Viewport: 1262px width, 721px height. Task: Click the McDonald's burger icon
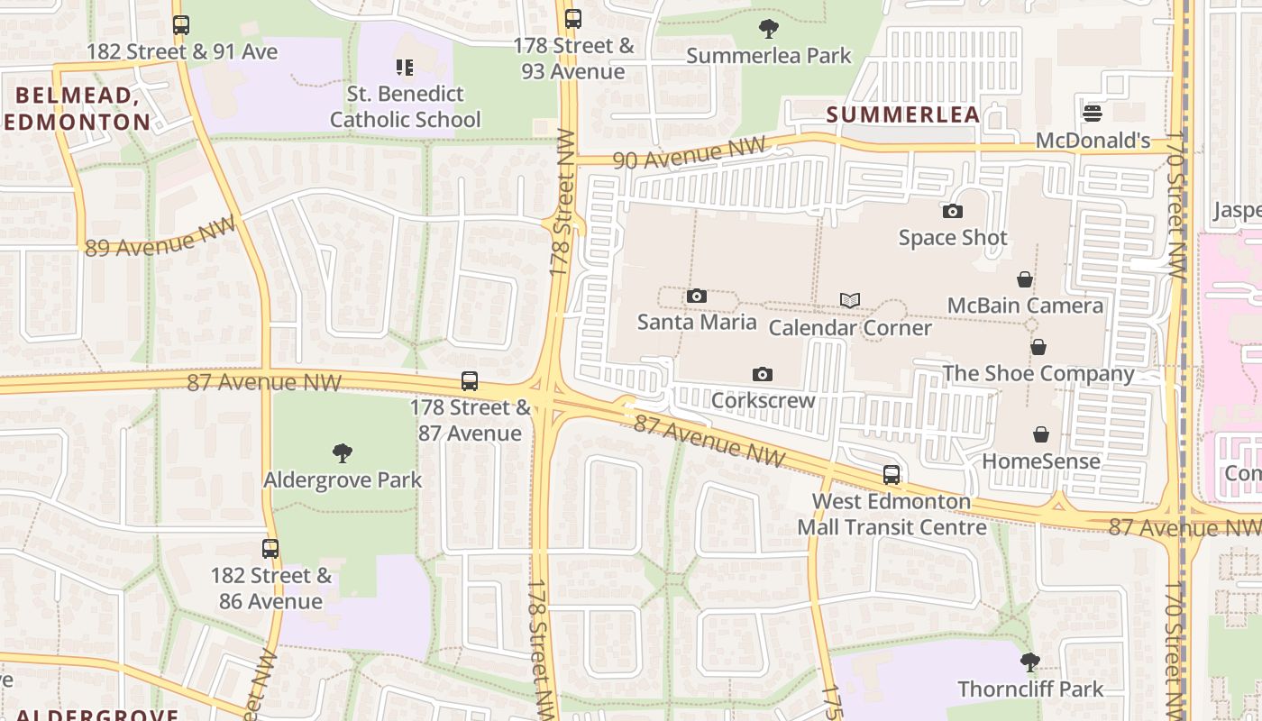tap(1093, 114)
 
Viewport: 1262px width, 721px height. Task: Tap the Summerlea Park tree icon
tap(769, 29)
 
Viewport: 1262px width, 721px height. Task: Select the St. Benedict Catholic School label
tap(405, 106)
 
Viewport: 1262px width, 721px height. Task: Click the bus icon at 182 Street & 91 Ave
tap(181, 25)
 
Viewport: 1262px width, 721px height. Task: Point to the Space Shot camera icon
tap(953, 212)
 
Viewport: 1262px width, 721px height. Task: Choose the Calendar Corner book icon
tap(850, 300)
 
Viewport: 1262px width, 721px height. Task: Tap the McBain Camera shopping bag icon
tap(1025, 279)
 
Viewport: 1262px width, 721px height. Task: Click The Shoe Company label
tap(1038, 373)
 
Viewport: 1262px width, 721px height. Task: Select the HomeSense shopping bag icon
tap(1041, 434)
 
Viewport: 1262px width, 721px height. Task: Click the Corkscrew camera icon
tap(763, 374)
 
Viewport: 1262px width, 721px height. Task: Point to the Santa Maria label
tap(697, 322)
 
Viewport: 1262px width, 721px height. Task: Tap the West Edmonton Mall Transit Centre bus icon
tap(892, 475)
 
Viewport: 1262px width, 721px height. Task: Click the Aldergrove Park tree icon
tap(342, 452)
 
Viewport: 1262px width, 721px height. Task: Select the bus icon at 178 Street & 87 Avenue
tap(470, 381)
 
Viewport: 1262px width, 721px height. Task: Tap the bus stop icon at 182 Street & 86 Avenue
tap(270, 548)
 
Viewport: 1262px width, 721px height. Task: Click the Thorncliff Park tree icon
tap(1030, 663)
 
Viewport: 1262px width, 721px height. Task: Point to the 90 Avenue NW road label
tap(689, 153)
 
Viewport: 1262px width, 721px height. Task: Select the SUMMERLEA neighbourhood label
tap(902, 114)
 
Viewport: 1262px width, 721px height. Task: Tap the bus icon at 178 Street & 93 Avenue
tap(572, 19)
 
